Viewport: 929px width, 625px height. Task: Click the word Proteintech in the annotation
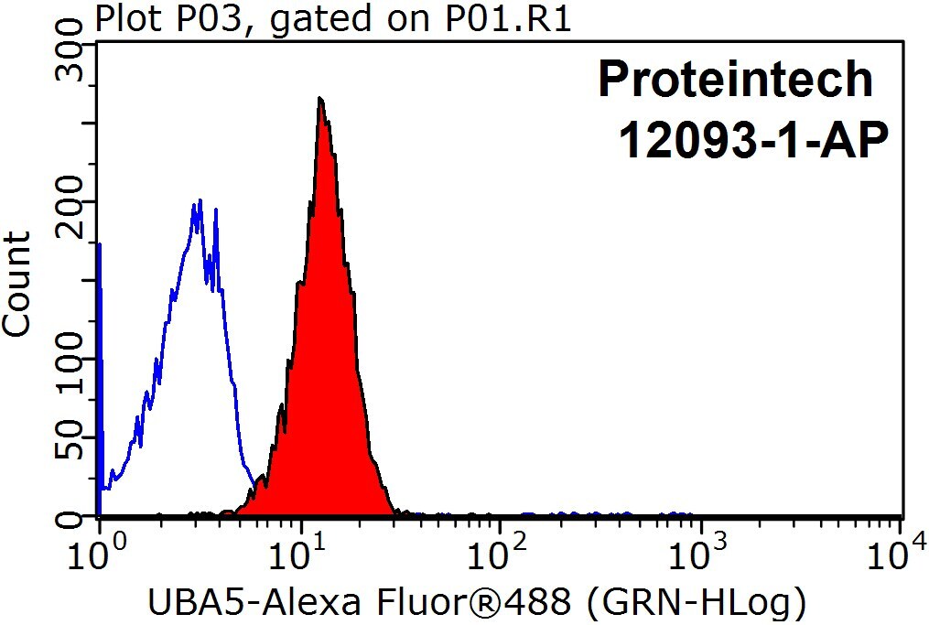(735, 79)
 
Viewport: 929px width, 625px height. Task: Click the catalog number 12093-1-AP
(753, 140)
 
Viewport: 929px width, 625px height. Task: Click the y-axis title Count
(16, 285)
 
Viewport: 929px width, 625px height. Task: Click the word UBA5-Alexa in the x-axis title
(254, 603)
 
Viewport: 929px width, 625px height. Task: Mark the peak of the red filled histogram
(320, 98)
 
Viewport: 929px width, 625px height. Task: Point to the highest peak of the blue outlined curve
(200, 200)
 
